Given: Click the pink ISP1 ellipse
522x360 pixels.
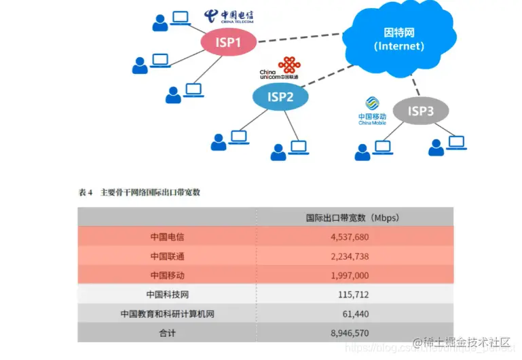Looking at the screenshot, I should click(x=229, y=43).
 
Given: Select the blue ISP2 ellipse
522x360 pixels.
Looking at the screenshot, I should click(x=280, y=97).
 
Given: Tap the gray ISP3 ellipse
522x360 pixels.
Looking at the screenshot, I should click(x=420, y=111).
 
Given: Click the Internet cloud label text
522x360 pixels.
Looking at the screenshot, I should click(x=399, y=39).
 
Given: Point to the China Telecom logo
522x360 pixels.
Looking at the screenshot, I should click(x=229, y=17).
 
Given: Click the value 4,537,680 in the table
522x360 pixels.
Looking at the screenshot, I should click(x=350, y=237).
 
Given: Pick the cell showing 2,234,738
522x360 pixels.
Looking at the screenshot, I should click(x=350, y=256).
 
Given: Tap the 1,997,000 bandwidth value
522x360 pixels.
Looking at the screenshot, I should click(x=350, y=275).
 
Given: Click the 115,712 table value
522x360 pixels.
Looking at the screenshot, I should click(x=353, y=295).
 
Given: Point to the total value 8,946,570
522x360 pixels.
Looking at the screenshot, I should click(x=350, y=333).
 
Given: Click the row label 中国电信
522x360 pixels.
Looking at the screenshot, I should click(x=167, y=237).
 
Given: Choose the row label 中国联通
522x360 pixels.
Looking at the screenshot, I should click(x=167, y=256).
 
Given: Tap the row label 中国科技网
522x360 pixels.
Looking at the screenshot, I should click(x=167, y=295).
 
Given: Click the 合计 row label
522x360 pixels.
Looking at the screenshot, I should click(x=167, y=333).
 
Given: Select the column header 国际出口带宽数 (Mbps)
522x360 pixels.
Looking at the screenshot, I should click(x=352, y=217).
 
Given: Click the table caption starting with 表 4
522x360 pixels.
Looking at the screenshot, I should click(x=139, y=192).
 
